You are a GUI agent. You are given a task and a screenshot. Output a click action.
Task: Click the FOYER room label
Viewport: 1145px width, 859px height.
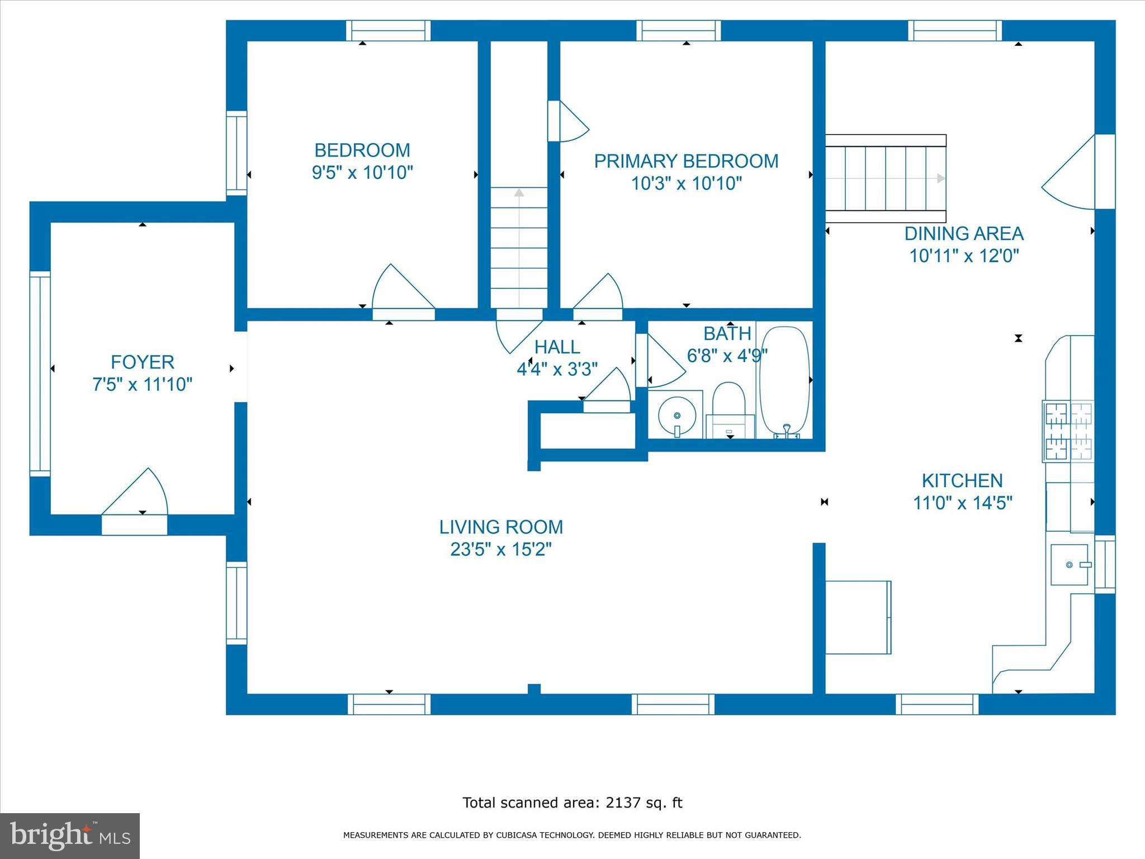click(143, 362)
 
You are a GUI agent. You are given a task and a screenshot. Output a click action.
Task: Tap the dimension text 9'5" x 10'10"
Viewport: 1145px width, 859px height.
click(362, 172)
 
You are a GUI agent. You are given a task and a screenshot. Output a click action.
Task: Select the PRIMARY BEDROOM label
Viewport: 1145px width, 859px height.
click(686, 161)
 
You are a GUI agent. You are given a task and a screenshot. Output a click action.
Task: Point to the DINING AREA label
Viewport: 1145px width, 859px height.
click(964, 233)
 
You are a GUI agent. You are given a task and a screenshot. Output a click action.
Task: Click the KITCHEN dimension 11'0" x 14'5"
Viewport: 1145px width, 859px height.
click(963, 503)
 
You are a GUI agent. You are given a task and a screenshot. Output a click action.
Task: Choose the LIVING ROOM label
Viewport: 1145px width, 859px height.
click(501, 527)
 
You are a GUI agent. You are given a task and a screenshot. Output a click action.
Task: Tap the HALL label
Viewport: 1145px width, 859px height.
click(557, 347)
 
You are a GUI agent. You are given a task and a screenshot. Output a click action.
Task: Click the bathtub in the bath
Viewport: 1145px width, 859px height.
click(784, 381)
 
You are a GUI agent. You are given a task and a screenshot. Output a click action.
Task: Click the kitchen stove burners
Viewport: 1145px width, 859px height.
click(1068, 431)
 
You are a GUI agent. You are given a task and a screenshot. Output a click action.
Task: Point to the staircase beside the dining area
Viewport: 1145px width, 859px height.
click(886, 178)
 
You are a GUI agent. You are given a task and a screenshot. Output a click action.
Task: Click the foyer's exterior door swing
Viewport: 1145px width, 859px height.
click(135, 492)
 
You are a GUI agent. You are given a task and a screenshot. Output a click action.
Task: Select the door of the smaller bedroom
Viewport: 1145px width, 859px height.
click(403, 286)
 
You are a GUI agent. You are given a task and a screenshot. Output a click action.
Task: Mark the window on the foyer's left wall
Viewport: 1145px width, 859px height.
click(40, 374)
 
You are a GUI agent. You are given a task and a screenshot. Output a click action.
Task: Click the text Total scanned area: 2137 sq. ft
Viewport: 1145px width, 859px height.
click(572, 803)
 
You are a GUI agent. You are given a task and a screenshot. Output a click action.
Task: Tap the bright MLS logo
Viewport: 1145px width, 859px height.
click(70, 836)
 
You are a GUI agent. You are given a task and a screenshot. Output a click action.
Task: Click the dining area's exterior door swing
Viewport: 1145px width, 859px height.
click(1068, 172)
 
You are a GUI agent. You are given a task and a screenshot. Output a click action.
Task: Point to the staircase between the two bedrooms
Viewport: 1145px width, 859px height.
click(519, 247)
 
